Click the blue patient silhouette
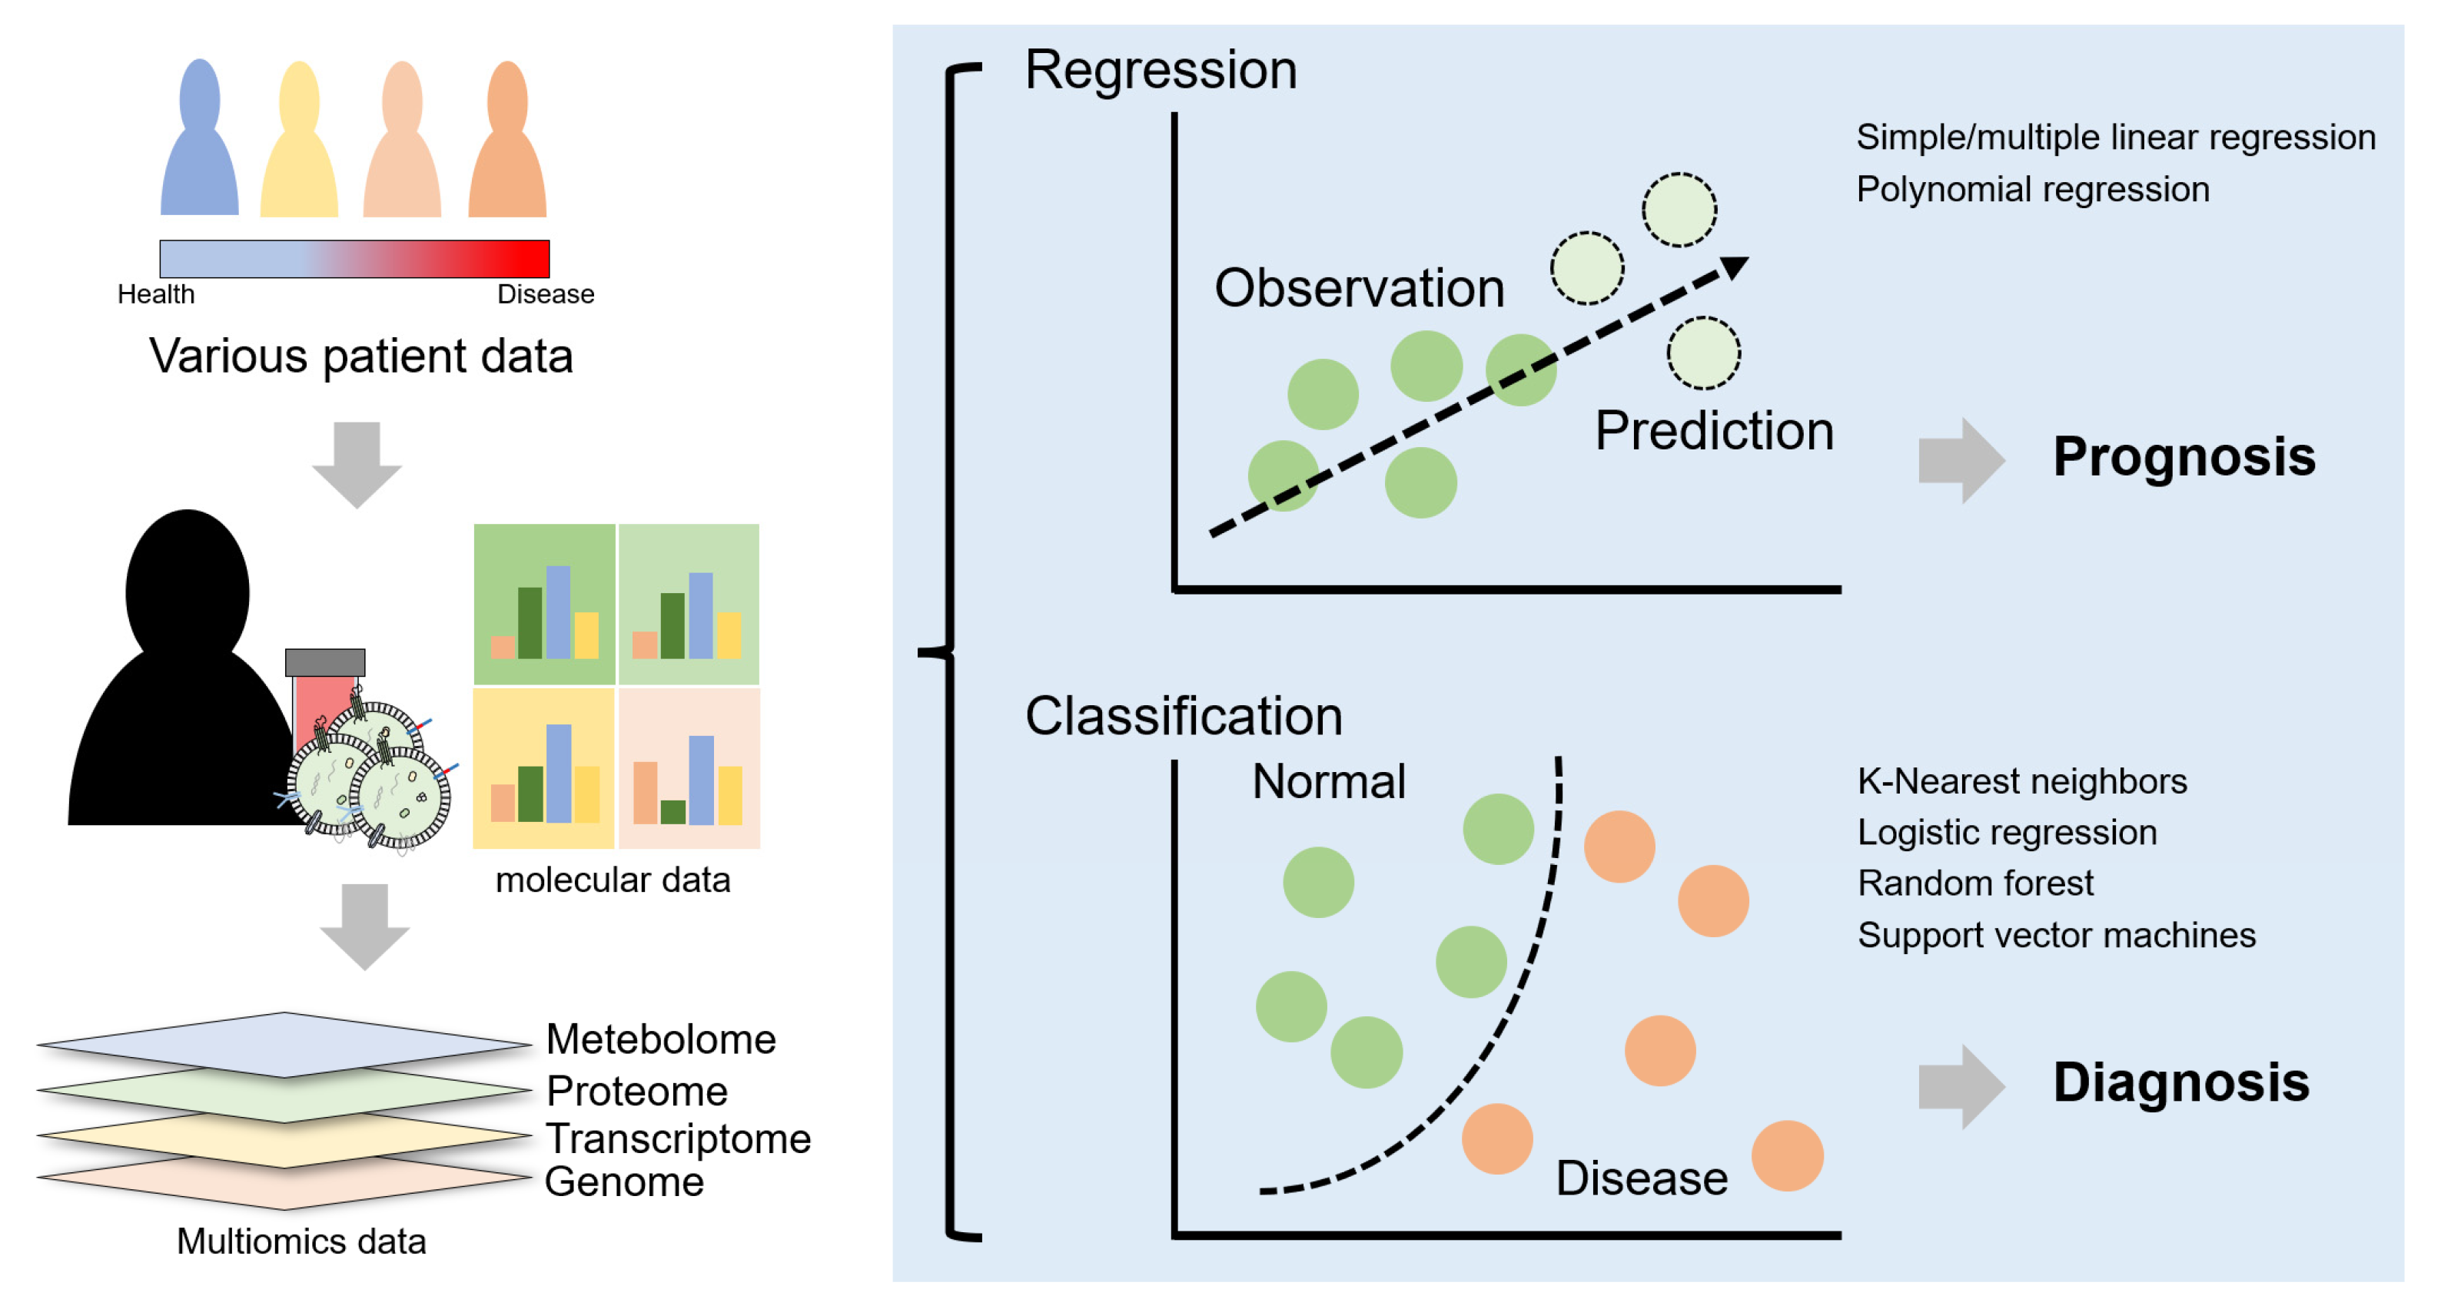click(199, 142)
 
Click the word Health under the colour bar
click(156, 294)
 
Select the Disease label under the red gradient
click(546, 294)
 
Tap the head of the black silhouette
click(188, 587)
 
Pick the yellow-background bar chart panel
click(544, 768)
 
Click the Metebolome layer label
click(660, 1039)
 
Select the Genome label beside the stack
click(623, 1181)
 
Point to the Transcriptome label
click(678, 1138)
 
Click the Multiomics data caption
click(301, 1241)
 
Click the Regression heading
click(1160, 70)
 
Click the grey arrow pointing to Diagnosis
click(1960, 1086)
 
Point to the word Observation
click(1359, 288)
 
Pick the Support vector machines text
click(2055, 935)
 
